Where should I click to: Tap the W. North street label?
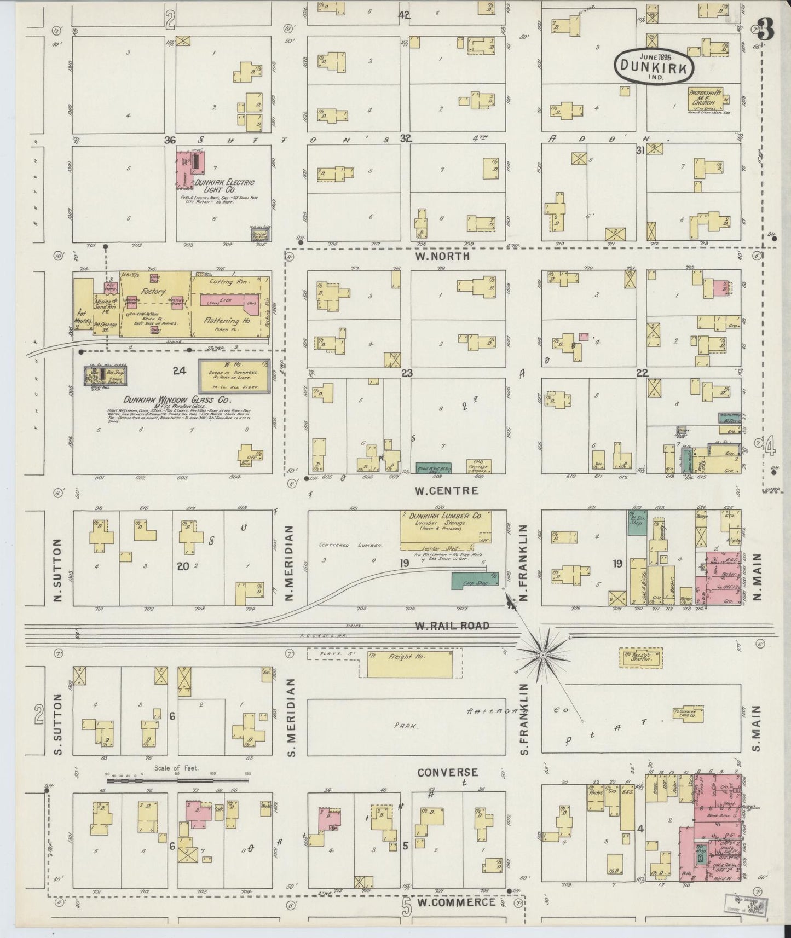[443, 256]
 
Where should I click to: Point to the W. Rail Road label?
[452, 626]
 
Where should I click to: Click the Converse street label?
[447, 772]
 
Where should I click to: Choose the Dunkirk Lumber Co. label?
[444, 516]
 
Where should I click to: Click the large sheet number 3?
[766, 30]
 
